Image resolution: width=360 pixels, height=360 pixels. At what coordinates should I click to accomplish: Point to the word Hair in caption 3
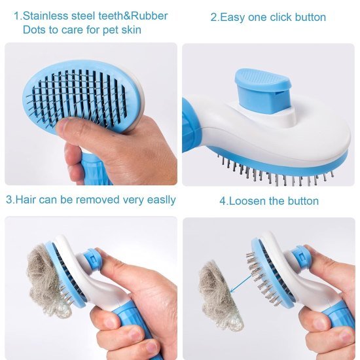26,200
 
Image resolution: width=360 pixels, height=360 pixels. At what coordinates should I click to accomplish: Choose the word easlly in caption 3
158,200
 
